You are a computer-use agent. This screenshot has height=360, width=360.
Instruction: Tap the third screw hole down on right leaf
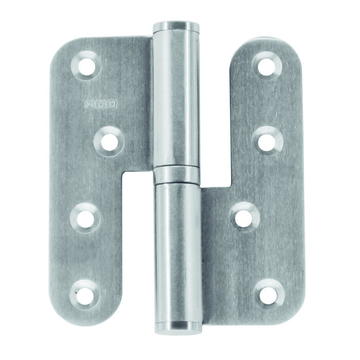[245, 215]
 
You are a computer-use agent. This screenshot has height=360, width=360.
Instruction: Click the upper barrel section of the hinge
[176, 98]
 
